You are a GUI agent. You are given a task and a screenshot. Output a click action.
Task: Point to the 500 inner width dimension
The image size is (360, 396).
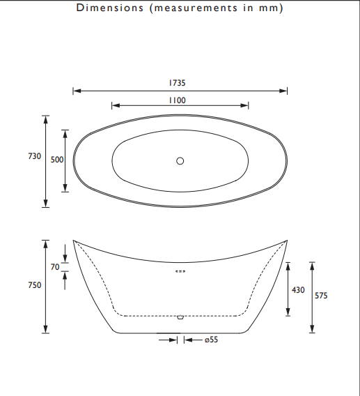(x=57, y=160)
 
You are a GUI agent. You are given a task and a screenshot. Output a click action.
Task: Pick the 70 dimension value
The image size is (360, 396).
(x=56, y=266)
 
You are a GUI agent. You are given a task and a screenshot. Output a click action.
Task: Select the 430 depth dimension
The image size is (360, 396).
(x=298, y=290)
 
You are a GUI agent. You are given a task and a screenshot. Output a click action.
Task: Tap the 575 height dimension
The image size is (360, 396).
(x=321, y=296)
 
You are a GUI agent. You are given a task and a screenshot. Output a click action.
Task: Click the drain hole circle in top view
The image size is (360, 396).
(x=180, y=161)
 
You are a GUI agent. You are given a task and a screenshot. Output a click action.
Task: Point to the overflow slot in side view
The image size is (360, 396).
(x=180, y=271)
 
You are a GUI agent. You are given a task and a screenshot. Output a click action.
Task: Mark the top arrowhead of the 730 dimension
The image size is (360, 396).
(x=46, y=118)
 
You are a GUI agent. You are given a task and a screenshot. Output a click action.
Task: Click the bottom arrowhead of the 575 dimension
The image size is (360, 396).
(x=312, y=329)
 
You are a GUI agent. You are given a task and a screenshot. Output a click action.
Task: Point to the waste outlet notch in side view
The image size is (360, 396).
(x=180, y=318)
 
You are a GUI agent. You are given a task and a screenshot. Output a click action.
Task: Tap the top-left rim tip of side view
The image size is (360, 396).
(x=73, y=241)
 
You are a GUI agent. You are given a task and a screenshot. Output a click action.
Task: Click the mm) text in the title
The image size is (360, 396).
(x=274, y=8)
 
